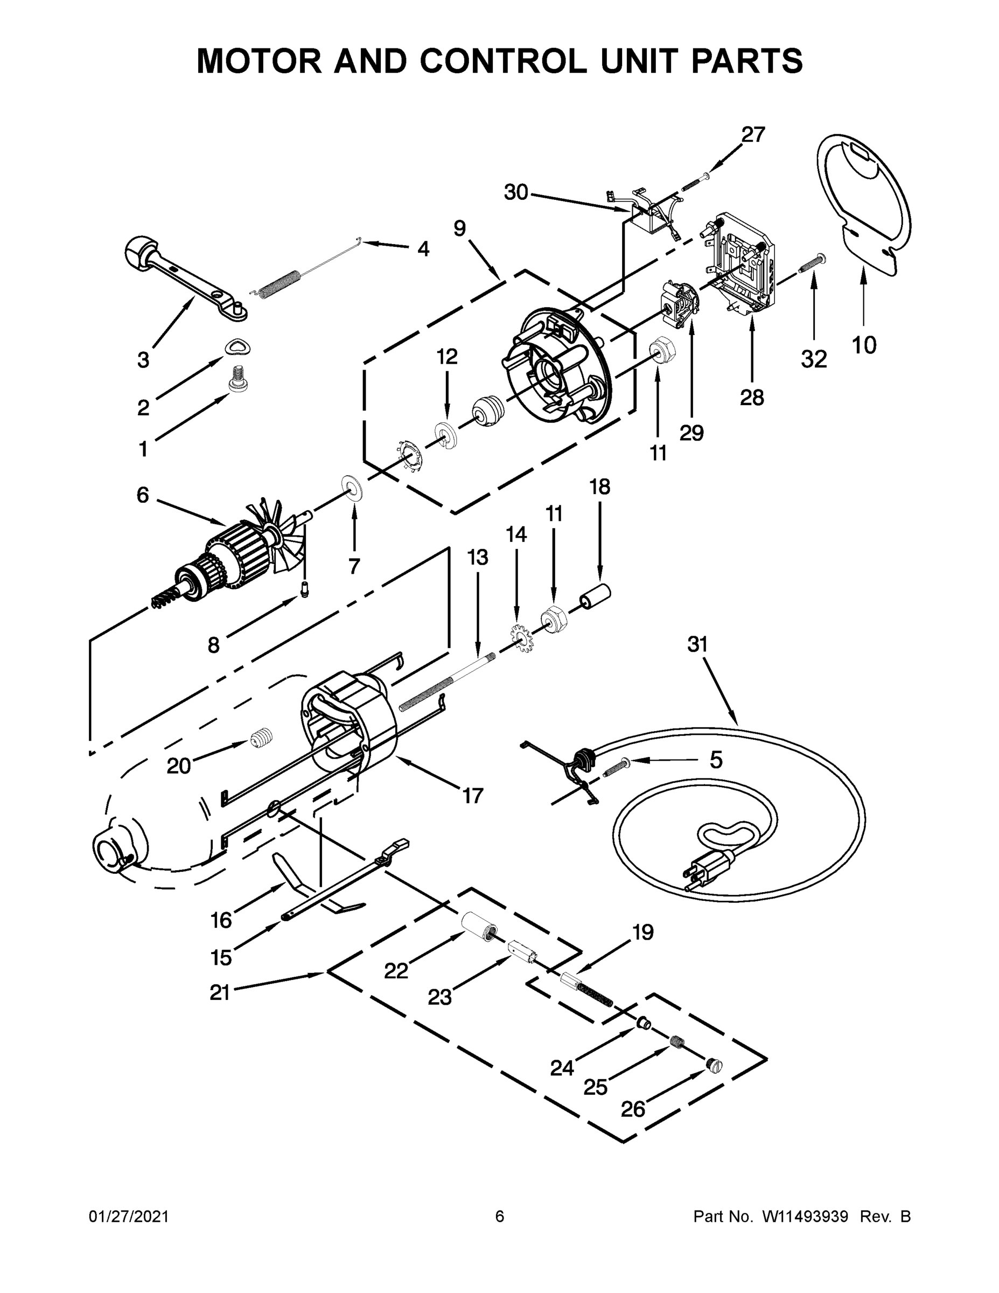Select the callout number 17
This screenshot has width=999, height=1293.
click(x=472, y=796)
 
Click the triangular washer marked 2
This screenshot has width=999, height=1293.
click(x=238, y=347)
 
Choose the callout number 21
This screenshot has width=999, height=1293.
click(x=220, y=992)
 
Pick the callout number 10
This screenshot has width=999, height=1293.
click(x=863, y=345)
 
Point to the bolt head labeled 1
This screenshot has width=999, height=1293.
click(x=238, y=379)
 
